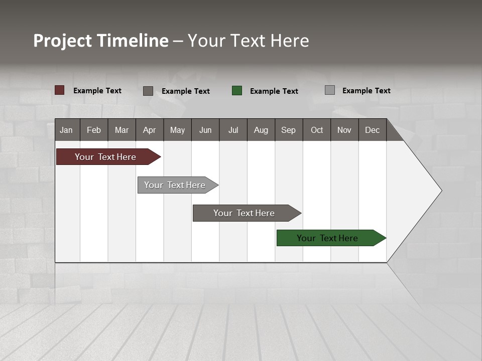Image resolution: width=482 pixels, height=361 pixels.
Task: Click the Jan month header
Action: pos(67,130)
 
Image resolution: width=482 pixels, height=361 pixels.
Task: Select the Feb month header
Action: pos(94,130)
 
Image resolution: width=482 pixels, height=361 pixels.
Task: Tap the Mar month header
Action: pos(122,130)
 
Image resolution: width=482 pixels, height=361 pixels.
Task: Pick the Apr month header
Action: pos(150,130)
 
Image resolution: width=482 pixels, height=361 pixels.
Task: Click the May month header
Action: pos(177,130)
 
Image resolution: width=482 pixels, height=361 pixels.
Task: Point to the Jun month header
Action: pos(205,130)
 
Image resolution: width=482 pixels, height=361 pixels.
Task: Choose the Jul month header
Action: pos(233,130)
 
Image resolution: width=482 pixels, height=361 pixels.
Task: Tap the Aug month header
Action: pos(261,130)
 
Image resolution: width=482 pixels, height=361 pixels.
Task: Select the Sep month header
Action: pos(289,130)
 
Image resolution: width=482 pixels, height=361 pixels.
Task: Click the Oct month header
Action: pos(317,130)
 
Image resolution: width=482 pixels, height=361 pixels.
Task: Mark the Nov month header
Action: pos(344,130)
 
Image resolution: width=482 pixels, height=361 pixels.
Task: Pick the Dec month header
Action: pos(373,130)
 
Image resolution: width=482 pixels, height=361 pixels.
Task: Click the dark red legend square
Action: pos(60,90)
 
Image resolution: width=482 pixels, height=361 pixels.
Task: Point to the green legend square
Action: pos(237,91)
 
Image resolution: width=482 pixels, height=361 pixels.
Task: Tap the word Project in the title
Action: pos(62,41)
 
